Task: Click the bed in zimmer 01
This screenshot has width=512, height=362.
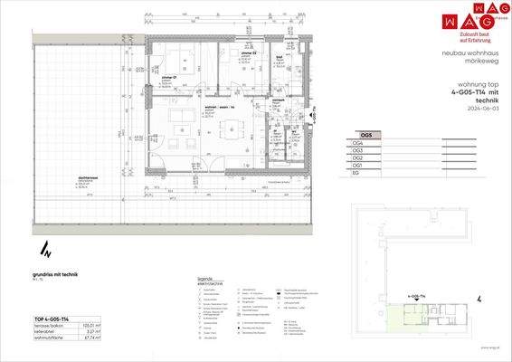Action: point(175,61)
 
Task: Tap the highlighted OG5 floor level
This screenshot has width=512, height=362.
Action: point(366,134)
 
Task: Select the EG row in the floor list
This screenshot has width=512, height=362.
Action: point(357,175)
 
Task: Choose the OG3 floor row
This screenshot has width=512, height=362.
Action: point(358,150)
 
